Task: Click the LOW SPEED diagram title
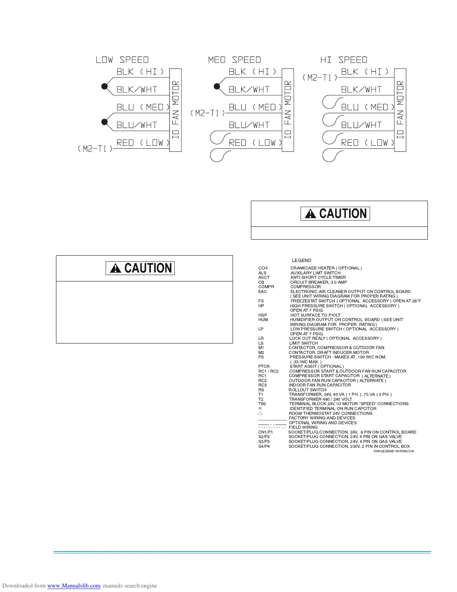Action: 122,60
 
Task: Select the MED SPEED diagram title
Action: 234,60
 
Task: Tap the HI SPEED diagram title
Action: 344,60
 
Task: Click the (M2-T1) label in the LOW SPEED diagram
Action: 95,149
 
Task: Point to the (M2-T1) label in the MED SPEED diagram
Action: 208,113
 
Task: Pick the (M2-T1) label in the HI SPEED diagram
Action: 320,77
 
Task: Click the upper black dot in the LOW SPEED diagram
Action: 105,86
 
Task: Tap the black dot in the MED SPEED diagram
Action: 217,86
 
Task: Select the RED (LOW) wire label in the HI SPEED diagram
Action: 368,143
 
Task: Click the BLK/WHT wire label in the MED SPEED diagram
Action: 249,90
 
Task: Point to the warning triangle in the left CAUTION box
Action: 116,268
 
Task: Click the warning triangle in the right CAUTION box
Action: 310,214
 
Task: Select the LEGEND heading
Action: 301,260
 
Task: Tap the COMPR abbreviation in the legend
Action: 266,287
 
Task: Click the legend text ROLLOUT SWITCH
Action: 307,390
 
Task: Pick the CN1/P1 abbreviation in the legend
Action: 265,432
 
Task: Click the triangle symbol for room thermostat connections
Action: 260,413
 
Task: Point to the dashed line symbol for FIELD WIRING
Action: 272,428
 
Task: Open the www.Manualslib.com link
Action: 74,586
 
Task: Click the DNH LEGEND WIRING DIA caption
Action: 394,451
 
